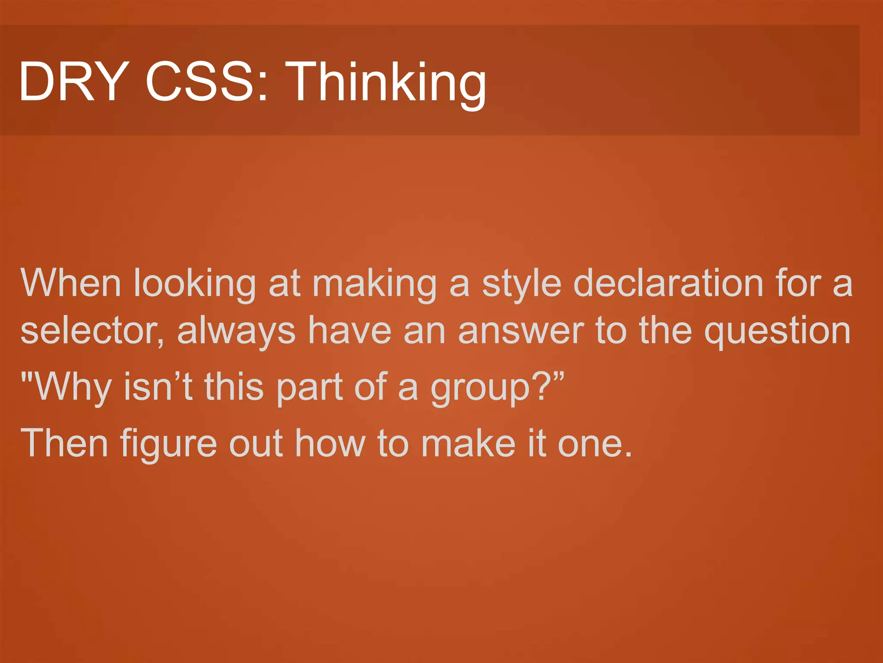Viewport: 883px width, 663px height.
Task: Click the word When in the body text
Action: pyautogui.click(x=71, y=283)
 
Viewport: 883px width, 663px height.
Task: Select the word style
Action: pyautogui.click(x=522, y=285)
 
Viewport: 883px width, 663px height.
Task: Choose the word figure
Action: pyautogui.click(x=168, y=445)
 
